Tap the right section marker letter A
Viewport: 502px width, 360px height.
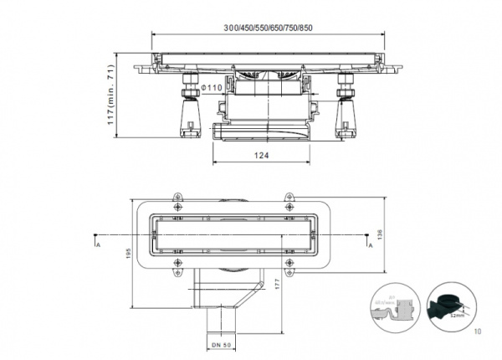point(371,245)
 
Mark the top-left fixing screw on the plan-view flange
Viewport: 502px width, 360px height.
point(177,199)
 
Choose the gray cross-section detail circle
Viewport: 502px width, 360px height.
point(397,306)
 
